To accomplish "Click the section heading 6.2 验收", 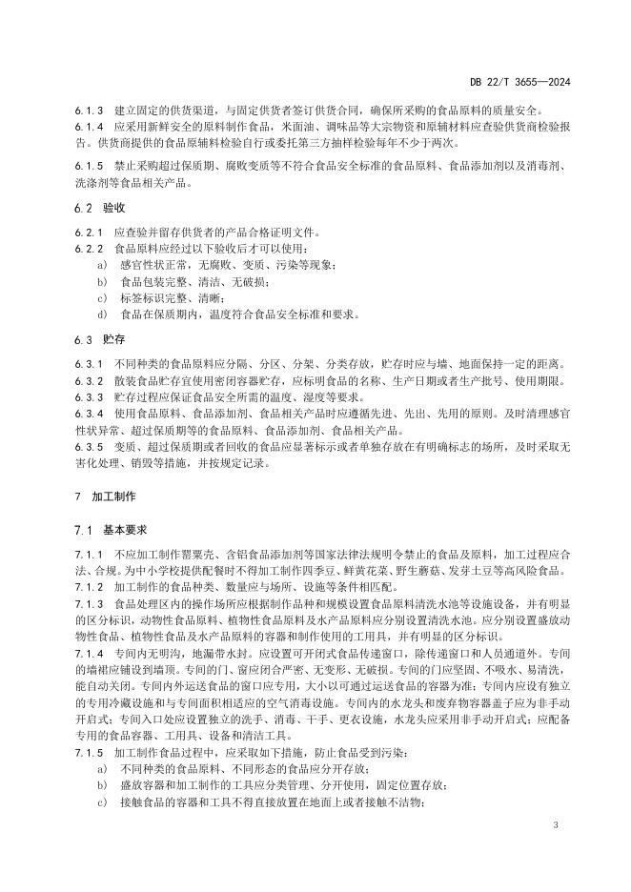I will pyautogui.click(x=98, y=208).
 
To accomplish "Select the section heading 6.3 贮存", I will pyautogui.click(x=98, y=339).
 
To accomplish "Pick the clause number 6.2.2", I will pyautogui.click(x=88, y=249).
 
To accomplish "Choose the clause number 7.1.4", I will pyautogui.click(x=88, y=656).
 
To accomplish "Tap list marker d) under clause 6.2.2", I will pyautogui.click(x=102, y=314).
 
